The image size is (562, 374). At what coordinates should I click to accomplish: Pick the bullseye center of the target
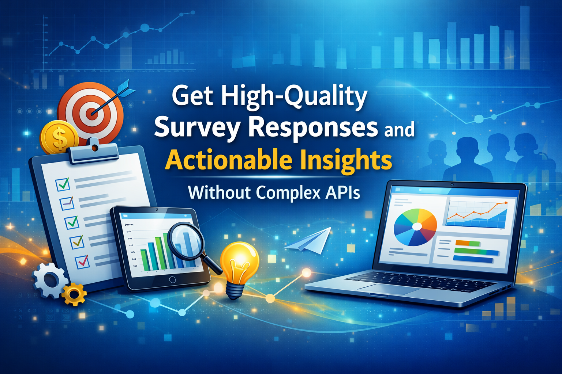click(x=92, y=112)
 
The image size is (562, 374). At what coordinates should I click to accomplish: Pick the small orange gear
click(x=74, y=294)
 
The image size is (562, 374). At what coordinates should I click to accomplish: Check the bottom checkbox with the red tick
click(x=82, y=262)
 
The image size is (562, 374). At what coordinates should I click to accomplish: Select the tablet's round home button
click(x=172, y=280)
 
